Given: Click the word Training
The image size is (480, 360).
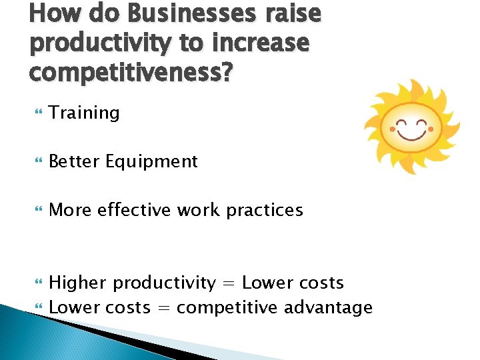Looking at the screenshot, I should (x=85, y=113).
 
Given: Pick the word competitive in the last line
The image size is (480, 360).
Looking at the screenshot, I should (x=227, y=307).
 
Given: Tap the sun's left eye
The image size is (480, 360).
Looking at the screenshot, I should (x=401, y=123).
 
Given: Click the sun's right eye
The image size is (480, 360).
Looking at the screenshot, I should (x=422, y=123).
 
